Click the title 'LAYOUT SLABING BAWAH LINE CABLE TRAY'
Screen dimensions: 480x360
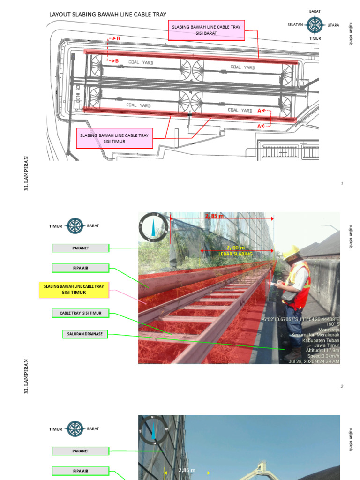[x=108, y=15]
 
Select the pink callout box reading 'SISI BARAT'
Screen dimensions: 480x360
[x=206, y=30]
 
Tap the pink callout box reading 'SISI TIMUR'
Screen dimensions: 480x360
[x=114, y=138]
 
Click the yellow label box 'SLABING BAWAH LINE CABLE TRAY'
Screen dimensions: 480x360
[x=74, y=289]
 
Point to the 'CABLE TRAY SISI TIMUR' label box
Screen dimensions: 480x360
[x=80, y=313]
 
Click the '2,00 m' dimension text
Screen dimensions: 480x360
[x=235, y=247]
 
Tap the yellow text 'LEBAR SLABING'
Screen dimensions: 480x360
[x=235, y=254]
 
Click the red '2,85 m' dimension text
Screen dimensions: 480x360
[x=214, y=216]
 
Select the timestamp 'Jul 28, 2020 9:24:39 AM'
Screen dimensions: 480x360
[x=314, y=361]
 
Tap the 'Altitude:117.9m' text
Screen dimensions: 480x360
[x=322, y=350]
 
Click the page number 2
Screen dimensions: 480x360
[x=342, y=386]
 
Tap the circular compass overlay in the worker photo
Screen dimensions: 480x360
[x=153, y=228]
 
